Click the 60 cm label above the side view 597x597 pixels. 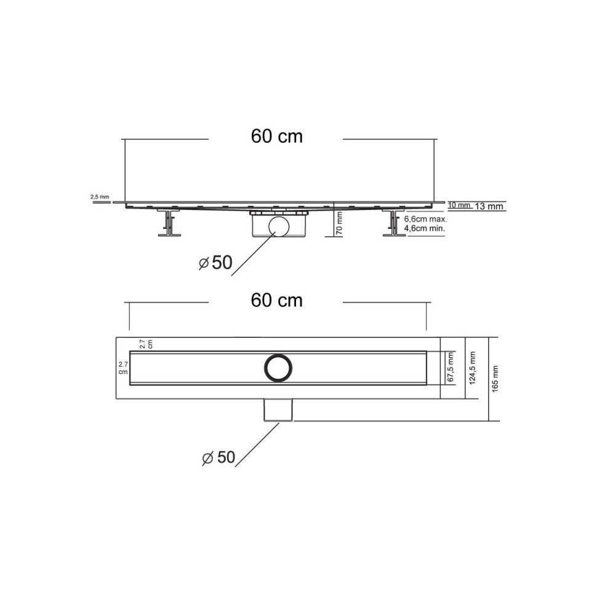point(276,137)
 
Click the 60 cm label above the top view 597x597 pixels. point(276,300)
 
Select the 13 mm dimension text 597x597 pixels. point(490,207)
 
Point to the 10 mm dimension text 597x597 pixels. point(459,205)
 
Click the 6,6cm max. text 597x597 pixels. point(425,218)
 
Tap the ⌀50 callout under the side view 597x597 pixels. point(215,263)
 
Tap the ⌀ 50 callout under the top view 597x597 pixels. point(218,457)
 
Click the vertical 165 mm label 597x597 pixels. point(496,379)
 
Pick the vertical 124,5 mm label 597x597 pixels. point(473,367)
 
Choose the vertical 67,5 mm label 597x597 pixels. point(451,367)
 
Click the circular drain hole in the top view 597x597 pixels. point(278,367)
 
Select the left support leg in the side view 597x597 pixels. point(167,223)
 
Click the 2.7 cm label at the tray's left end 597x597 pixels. point(123,367)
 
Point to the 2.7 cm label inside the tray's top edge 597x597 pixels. point(145,343)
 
